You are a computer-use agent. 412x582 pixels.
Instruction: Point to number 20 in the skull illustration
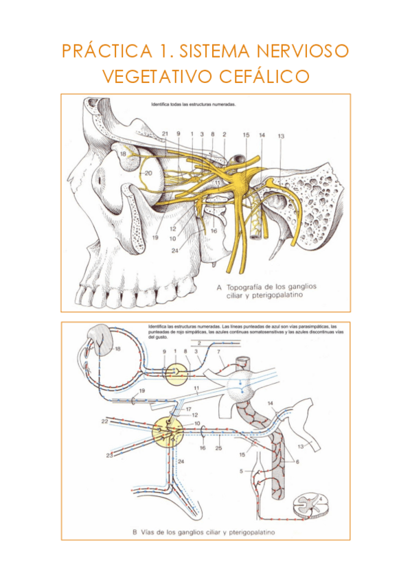point(148,173)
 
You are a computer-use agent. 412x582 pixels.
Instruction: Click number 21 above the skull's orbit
point(165,133)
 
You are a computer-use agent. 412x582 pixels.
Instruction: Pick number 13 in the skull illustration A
point(281,137)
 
